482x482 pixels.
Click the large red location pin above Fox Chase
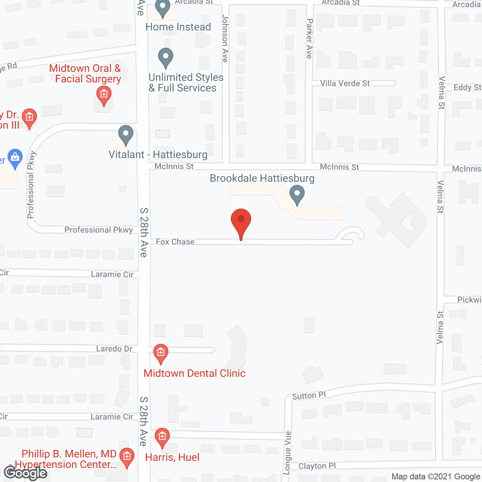(x=241, y=221)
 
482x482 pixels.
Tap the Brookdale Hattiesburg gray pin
(x=297, y=194)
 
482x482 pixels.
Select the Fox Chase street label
(x=175, y=242)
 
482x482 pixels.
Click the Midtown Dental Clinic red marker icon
(x=161, y=353)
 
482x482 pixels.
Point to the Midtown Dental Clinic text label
(x=194, y=373)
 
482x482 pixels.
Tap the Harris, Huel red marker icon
(x=162, y=437)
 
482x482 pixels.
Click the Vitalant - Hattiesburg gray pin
(x=126, y=134)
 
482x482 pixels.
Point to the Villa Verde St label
(x=345, y=83)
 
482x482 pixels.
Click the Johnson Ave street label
(x=225, y=38)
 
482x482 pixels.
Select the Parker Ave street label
(x=309, y=39)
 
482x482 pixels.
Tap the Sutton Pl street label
(x=309, y=395)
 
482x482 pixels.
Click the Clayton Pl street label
(x=317, y=466)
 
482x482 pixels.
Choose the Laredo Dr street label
(x=114, y=349)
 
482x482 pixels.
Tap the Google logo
(x=26, y=473)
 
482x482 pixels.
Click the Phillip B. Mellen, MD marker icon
(x=127, y=457)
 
